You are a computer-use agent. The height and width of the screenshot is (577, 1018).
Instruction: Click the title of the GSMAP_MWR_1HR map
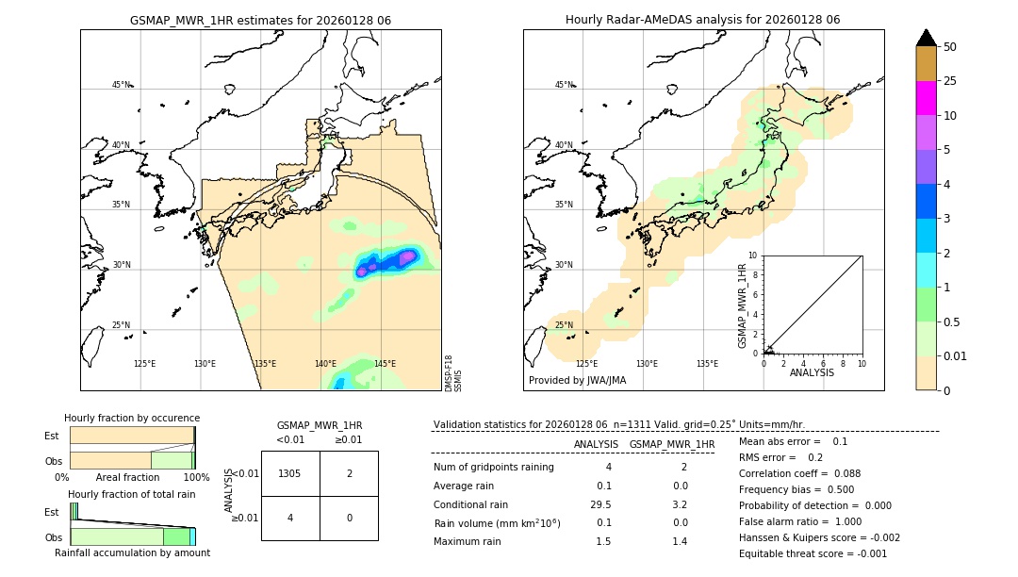pyautogui.click(x=260, y=20)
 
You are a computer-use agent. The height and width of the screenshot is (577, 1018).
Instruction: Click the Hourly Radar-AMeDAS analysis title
pyautogui.click(x=702, y=20)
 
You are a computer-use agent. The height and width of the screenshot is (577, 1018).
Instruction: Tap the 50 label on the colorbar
pyautogui.click(x=950, y=47)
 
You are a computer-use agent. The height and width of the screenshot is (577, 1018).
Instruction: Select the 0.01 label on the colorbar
pyautogui.click(x=956, y=355)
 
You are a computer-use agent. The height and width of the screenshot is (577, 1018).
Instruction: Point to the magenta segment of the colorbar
pyautogui.click(x=926, y=98)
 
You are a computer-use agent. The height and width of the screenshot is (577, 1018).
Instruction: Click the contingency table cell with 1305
pyautogui.click(x=290, y=473)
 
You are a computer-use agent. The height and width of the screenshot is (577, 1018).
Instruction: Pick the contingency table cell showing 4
pyautogui.click(x=290, y=518)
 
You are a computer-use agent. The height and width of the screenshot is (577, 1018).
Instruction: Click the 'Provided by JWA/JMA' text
pyautogui.click(x=577, y=380)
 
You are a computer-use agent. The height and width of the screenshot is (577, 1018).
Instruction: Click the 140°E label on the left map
pyautogui.click(x=325, y=364)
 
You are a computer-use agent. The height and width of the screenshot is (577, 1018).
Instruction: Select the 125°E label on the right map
pyautogui.click(x=586, y=364)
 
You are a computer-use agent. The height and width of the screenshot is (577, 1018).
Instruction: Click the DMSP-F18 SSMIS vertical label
pyautogui.click(x=452, y=373)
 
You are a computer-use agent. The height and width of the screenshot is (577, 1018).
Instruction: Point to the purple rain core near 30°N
pyautogui.click(x=407, y=256)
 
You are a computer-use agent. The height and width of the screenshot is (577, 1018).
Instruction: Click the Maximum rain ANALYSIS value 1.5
pyautogui.click(x=603, y=541)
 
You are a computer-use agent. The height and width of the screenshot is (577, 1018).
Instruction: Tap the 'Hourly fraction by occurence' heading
pyautogui.click(x=132, y=418)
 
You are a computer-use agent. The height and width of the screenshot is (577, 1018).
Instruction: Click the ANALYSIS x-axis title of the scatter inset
pyautogui.click(x=813, y=372)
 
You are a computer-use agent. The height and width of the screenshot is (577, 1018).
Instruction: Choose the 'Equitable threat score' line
pyautogui.click(x=813, y=553)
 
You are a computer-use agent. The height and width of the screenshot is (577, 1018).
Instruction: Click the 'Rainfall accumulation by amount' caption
pyautogui.click(x=132, y=552)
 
